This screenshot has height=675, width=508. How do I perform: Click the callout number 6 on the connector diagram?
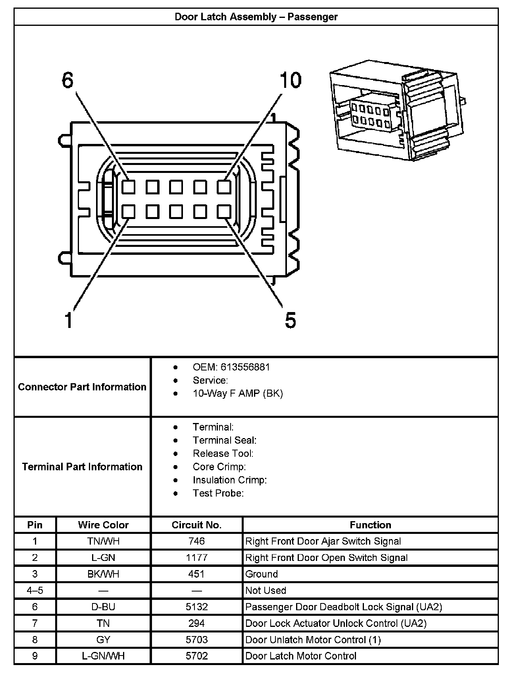(68, 81)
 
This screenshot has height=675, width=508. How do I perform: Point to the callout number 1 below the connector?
(69, 320)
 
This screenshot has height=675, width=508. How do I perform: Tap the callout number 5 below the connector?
(291, 320)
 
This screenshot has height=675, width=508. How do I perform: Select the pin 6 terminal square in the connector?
(128, 187)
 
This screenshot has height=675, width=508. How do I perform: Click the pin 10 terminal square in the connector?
(224, 187)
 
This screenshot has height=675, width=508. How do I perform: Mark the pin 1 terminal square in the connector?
(128, 212)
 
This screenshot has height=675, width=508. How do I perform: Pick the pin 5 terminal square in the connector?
(224, 212)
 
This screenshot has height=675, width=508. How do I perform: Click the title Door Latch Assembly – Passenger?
(256, 17)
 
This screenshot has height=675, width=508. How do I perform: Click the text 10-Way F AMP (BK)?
(238, 394)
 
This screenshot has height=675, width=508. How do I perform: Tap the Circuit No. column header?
(196, 525)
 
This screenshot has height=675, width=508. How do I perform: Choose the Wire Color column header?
(103, 525)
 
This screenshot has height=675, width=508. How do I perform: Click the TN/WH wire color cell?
(103, 541)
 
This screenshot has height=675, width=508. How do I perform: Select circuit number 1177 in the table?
(196, 558)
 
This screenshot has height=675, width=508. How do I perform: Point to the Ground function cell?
(262, 574)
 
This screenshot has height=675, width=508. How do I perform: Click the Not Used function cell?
(266, 590)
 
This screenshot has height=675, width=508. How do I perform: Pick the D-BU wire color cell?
(103, 607)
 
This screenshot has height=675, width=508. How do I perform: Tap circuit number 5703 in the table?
(196, 640)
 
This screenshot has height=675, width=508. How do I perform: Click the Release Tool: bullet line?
(223, 454)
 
